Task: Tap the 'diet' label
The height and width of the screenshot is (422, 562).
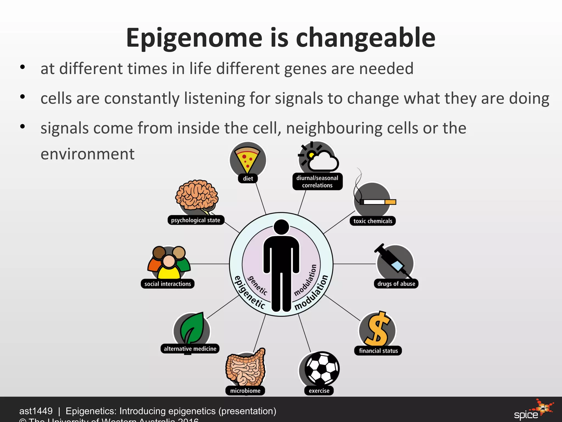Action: (x=248, y=179)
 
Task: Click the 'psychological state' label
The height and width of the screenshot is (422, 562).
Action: (x=196, y=220)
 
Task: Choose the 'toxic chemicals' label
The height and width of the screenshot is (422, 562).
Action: (x=373, y=221)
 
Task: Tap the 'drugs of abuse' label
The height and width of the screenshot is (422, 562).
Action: (x=396, y=284)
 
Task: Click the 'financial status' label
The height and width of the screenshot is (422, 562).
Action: (x=378, y=351)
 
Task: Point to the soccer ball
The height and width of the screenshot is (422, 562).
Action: (x=322, y=368)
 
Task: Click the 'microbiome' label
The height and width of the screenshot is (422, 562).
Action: (x=245, y=391)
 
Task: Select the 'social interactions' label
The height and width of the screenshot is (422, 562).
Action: (x=168, y=284)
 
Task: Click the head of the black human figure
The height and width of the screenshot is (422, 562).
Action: (x=281, y=227)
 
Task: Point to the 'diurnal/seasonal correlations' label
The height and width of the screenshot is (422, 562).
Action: (x=317, y=182)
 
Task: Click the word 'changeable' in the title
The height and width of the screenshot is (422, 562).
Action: (x=365, y=38)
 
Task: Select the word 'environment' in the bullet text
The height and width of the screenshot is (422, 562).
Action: (x=88, y=154)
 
